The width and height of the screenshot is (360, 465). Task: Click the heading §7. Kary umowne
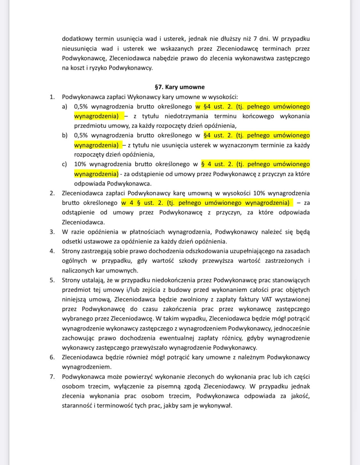tap(180, 87)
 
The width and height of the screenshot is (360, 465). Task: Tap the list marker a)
tap(65, 106)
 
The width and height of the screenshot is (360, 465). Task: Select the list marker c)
tap(65, 164)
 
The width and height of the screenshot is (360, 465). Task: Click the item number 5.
tap(52, 280)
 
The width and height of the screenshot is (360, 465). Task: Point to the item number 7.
tap(52, 377)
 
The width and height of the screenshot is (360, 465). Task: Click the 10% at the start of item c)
tap(80, 164)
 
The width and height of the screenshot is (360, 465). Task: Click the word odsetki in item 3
tap(72, 241)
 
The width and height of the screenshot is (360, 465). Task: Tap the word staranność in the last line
tap(76, 406)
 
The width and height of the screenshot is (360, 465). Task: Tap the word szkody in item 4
tap(188, 261)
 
